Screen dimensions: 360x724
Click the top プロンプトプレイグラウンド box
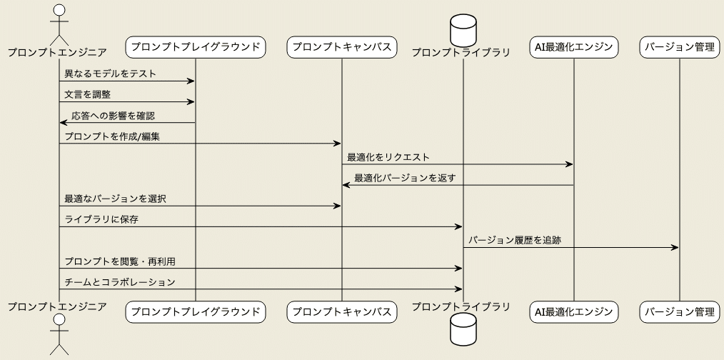[x=195, y=48]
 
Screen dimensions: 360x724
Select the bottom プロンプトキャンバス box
[x=341, y=311]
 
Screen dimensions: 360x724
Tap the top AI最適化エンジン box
[x=573, y=48]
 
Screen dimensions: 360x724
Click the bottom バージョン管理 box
[x=679, y=311]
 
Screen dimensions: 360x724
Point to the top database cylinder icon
[x=463, y=29]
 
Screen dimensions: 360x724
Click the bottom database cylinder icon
[x=463, y=329]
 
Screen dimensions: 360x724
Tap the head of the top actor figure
[x=59, y=10]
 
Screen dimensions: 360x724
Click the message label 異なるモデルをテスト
[x=110, y=74]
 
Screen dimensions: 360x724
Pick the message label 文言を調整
[x=87, y=94]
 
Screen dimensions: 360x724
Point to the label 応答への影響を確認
[x=113, y=115]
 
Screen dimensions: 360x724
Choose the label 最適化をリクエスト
[x=388, y=156]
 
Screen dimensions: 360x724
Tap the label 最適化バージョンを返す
[x=405, y=177]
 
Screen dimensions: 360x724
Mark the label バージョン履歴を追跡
[x=515, y=240]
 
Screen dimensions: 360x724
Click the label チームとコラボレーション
[x=119, y=281]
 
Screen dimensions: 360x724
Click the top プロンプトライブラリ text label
[x=461, y=52]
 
